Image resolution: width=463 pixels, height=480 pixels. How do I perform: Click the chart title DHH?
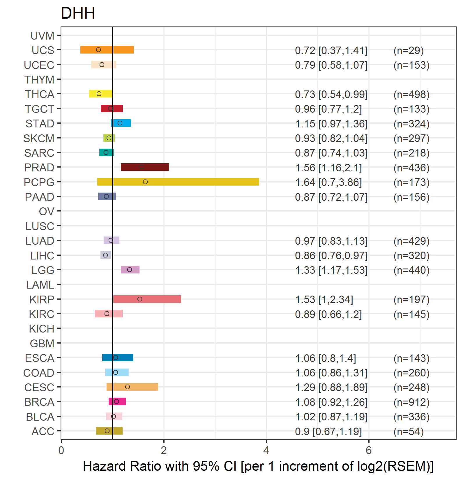coord(78,13)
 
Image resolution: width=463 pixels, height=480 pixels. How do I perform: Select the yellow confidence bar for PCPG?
coord(178,182)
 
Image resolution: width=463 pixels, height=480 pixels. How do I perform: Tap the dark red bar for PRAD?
coord(145,167)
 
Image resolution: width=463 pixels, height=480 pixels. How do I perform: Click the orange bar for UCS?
coord(107,50)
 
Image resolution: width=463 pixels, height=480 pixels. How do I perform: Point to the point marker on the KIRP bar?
coord(140,299)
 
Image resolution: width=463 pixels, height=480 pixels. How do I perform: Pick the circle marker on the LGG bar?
coord(130,270)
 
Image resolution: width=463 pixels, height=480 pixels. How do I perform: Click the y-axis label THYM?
coord(39,79)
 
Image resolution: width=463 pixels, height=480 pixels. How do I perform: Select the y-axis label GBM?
coord(42,343)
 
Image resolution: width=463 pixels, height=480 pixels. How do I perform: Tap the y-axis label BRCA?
coord(39,402)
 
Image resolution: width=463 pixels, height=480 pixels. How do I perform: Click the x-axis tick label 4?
coord(266,450)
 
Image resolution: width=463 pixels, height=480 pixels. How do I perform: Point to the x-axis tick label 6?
coord(369,450)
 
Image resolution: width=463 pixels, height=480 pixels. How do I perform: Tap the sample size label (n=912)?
coord(411,402)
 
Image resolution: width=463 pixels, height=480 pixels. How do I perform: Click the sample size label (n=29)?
coord(409,50)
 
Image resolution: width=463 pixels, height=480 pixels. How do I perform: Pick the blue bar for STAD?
coord(121,123)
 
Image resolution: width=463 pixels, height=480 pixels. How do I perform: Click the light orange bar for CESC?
coord(132,387)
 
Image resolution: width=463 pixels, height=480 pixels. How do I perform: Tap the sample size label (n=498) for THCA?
coord(411,94)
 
